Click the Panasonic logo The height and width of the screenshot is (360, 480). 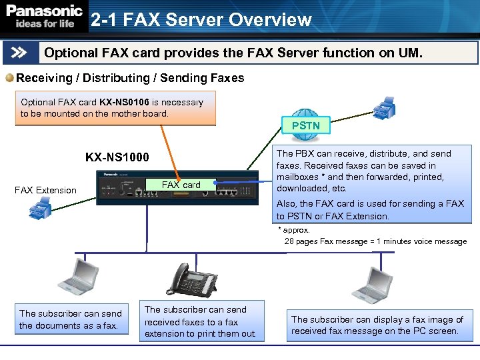(44, 12)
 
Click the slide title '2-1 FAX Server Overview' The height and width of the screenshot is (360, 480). (201, 20)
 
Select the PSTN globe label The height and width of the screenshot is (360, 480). (305, 125)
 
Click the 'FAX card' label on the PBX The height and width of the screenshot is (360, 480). (181, 185)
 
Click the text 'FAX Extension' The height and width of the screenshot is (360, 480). (45, 190)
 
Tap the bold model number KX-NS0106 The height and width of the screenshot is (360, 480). (125, 103)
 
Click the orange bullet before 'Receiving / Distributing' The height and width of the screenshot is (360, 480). (9, 78)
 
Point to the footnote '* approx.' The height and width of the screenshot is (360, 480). (294, 230)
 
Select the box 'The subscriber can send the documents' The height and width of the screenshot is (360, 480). (71, 319)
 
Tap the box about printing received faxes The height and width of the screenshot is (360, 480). (201, 321)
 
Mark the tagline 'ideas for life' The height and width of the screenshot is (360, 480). (41, 24)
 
